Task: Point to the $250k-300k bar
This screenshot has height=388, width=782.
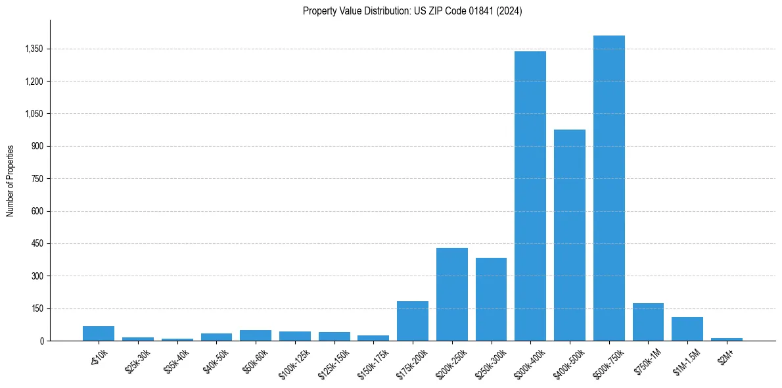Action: (x=491, y=299)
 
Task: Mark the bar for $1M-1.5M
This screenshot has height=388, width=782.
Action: (x=687, y=329)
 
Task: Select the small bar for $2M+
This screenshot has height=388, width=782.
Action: (x=727, y=339)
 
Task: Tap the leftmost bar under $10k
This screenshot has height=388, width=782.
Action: (x=99, y=333)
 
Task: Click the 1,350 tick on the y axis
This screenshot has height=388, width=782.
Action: (x=34, y=49)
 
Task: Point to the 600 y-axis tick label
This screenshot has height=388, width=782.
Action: (x=37, y=211)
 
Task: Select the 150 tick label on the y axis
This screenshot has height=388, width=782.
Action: (x=37, y=308)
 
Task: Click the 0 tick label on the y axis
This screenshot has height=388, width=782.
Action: (x=41, y=341)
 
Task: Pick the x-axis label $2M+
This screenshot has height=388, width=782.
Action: (x=726, y=356)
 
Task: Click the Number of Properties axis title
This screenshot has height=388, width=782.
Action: (x=11, y=181)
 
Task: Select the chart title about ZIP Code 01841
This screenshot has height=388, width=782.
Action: (x=412, y=11)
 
